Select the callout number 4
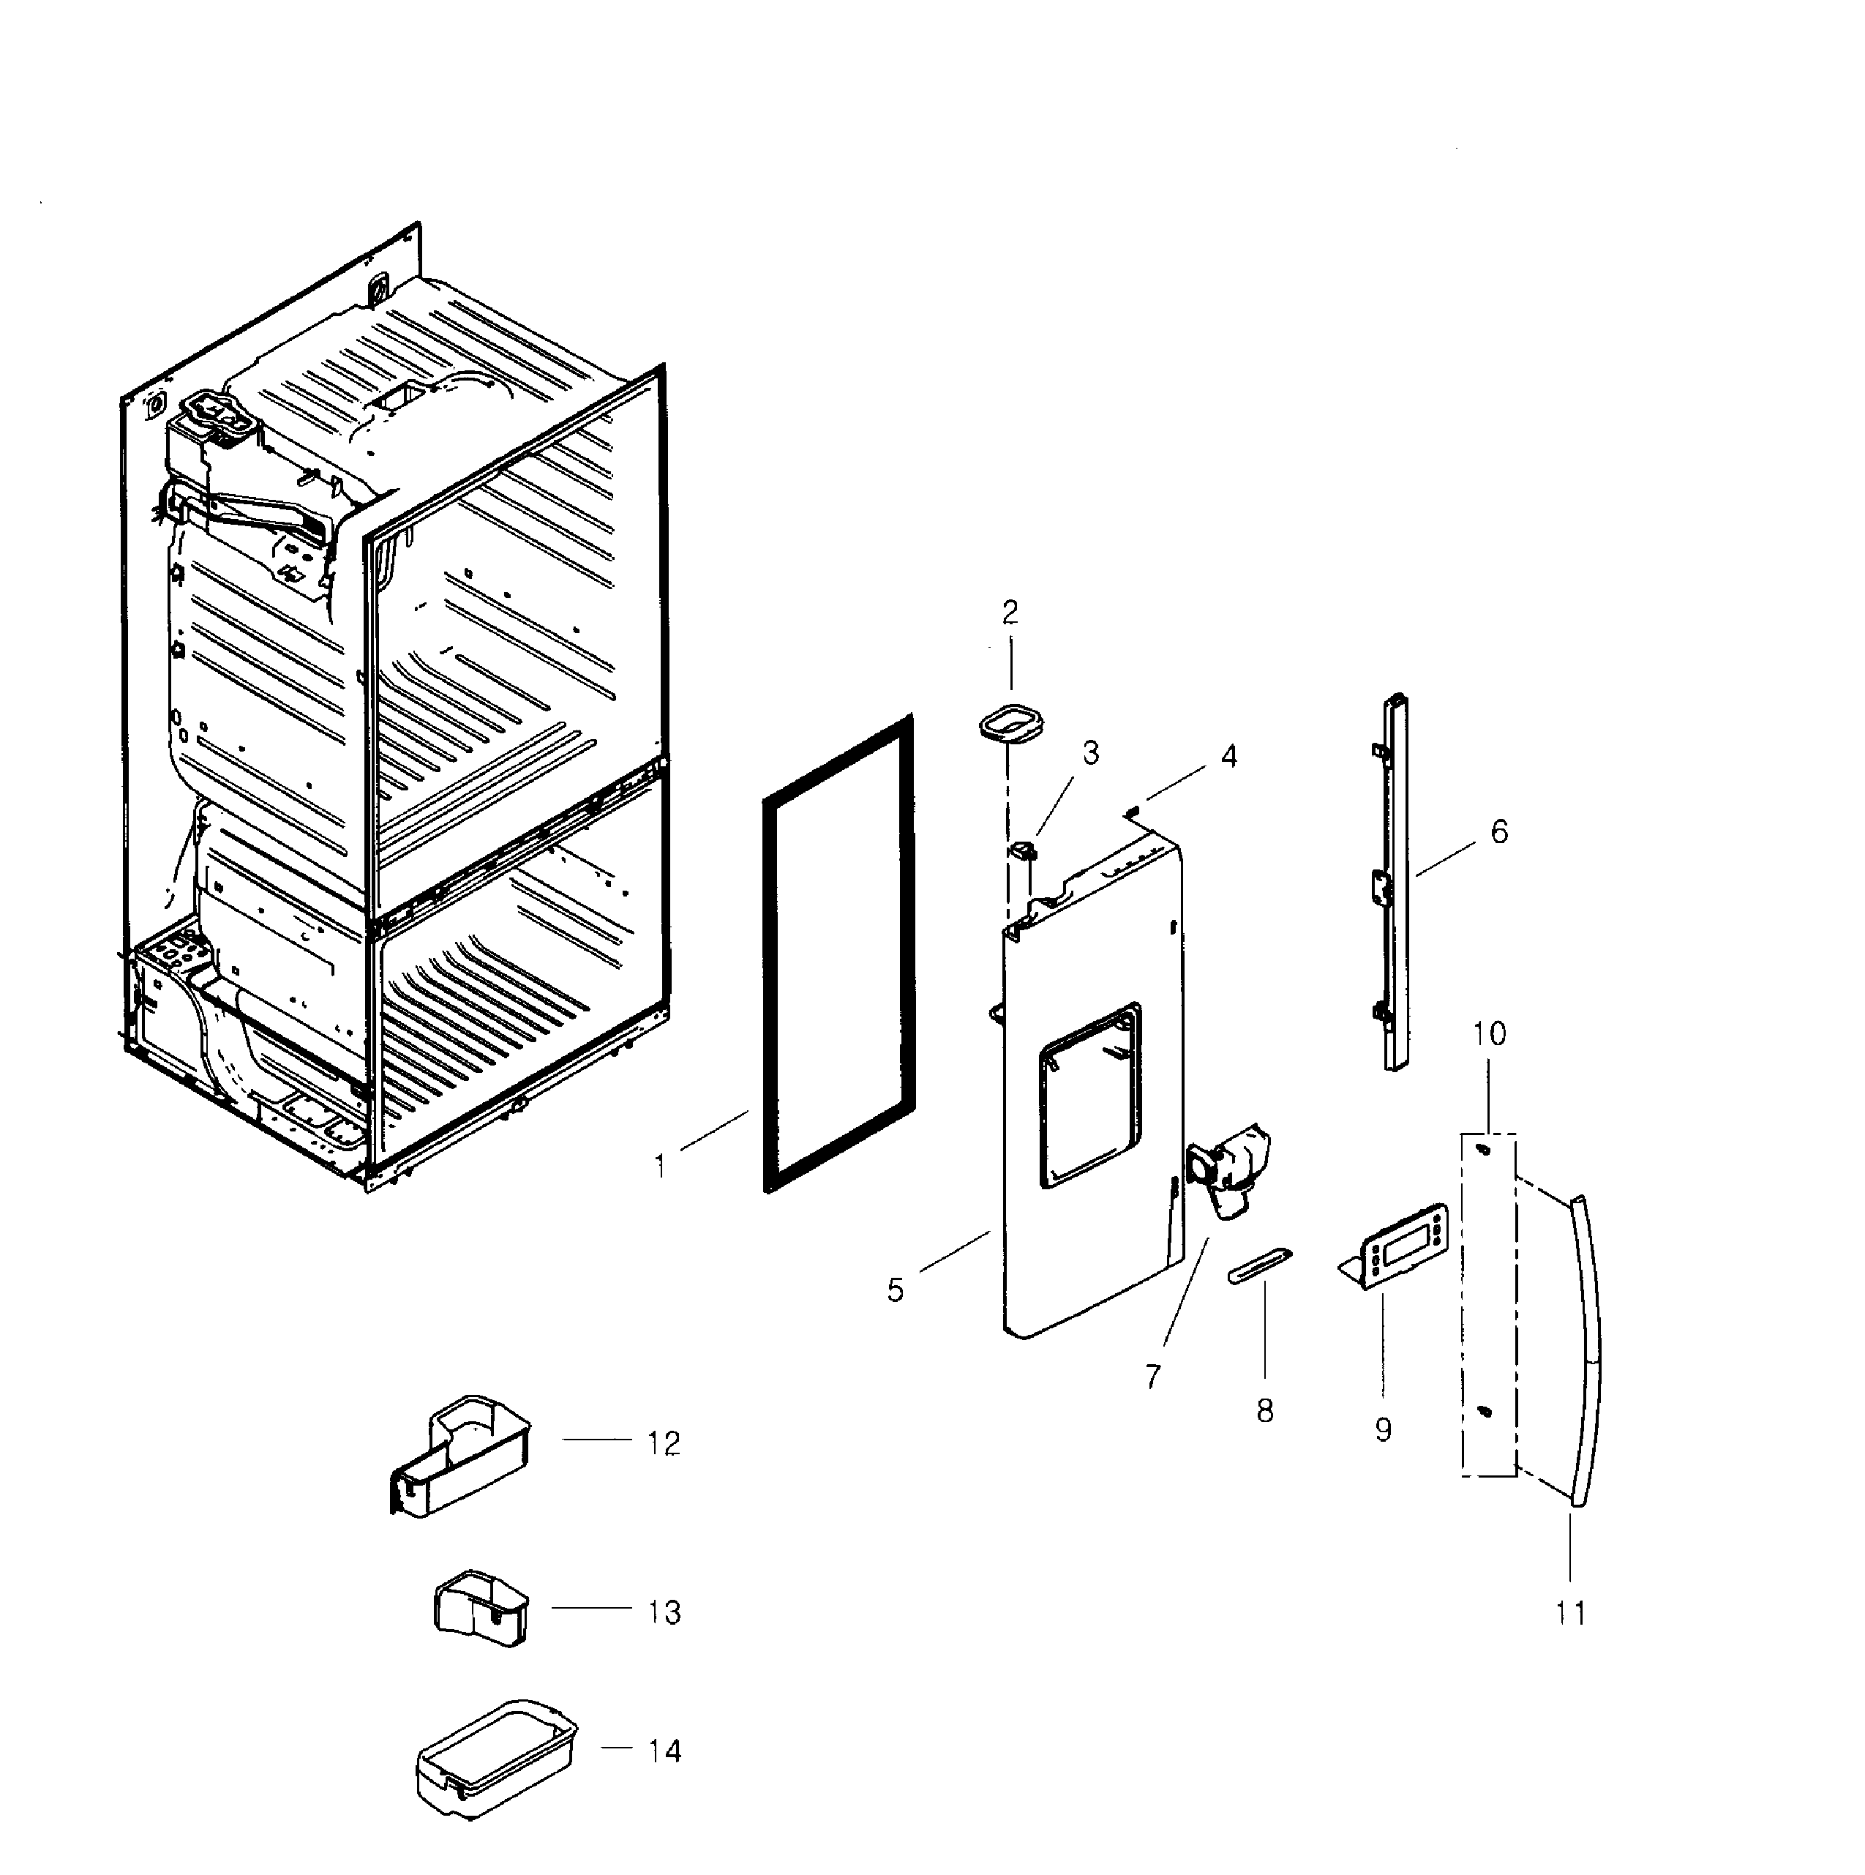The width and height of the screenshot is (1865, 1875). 1228,756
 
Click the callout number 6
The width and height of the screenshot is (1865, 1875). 1499,831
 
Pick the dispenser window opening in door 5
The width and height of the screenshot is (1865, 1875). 1089,1096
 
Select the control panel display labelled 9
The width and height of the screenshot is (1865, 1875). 1404,1247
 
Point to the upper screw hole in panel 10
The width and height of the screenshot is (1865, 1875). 1482,1149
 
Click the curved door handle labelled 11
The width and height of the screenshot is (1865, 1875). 1589,1349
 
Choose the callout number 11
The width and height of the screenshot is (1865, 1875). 1570,1613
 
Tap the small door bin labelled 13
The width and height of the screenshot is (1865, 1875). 480,1610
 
